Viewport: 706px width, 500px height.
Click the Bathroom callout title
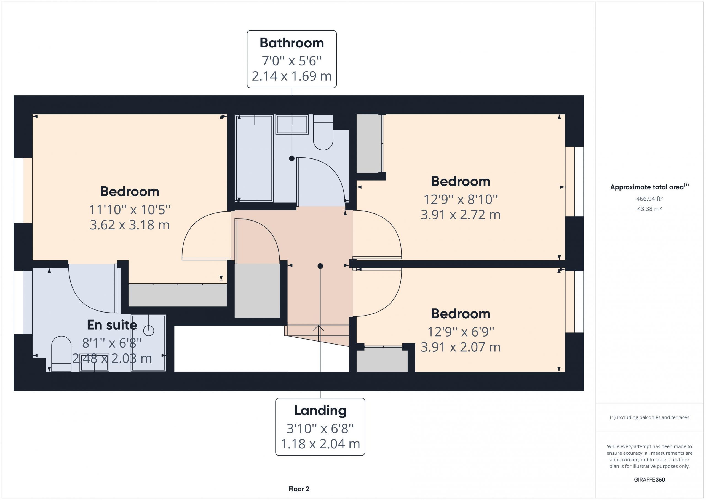click(x=292, y=43)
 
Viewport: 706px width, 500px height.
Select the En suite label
click(x=112, y=325)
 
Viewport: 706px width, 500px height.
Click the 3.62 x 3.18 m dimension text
click(x=129, y=225)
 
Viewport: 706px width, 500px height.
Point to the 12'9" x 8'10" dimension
click(x=460, y=200)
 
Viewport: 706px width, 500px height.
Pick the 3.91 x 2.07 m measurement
click(x=460, y=347)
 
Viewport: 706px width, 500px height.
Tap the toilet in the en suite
click(x=61, y=354)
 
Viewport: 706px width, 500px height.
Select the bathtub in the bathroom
click(x=254, y=158)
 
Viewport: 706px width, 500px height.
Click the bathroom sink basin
click(x=292, y=125)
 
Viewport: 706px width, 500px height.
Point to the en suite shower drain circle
click(x=149, y=331)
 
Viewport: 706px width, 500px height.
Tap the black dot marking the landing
click(x=320, y=266)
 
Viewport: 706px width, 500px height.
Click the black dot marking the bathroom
click(x=292, y=158)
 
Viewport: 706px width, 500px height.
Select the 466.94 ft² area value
click(x=649, y=199)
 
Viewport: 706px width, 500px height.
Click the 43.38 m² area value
click(x=649, y=209)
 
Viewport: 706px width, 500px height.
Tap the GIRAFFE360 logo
click(x=649, y=480)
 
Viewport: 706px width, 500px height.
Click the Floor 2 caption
click(x=299, y=489)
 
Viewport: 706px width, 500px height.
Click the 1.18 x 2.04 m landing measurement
click(x=320, y=444)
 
